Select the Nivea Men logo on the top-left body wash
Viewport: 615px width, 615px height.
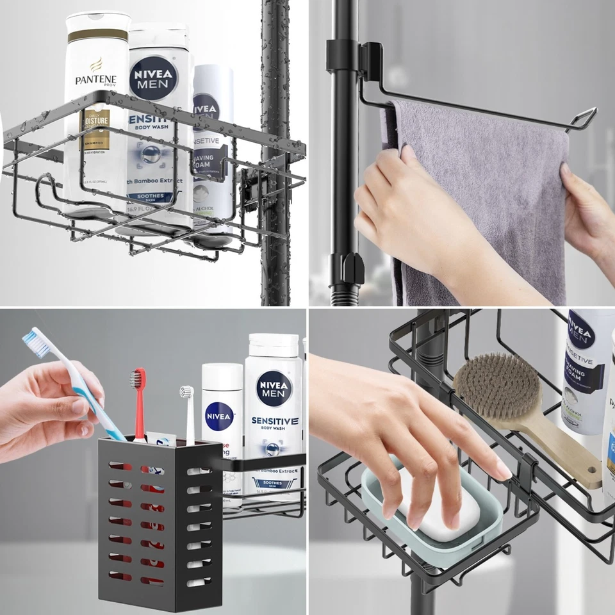tap(152, 77)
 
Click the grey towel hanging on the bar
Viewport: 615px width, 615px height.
tap(487, 192)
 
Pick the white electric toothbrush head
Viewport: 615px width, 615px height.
tap(186, 393)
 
